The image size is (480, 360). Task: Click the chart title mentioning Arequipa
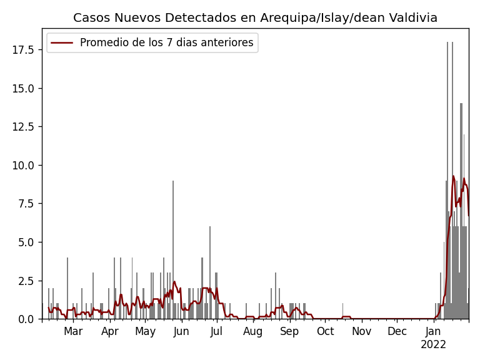tap(255, 18)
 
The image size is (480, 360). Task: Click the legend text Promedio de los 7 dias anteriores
tap(167, 43)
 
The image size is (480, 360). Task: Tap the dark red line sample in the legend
tap(62, 43)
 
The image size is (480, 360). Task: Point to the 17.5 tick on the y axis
tap(24, 49)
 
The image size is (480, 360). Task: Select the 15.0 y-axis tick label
tap(24, 88)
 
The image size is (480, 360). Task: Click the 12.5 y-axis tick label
tap(24, 127)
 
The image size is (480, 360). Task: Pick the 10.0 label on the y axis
tap(24, 165)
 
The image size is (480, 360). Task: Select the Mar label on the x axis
tap(73, 331)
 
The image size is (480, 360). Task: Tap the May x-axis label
tap(145, 331)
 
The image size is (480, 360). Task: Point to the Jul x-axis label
tap(216, 331)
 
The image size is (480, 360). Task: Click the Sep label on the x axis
tap(289, 331)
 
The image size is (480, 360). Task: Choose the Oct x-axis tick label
tap(325, 331)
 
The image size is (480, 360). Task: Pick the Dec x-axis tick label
tap(397, 331)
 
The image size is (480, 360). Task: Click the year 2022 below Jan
tap(433, 344)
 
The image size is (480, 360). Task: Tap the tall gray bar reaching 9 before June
tap(173, 250)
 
